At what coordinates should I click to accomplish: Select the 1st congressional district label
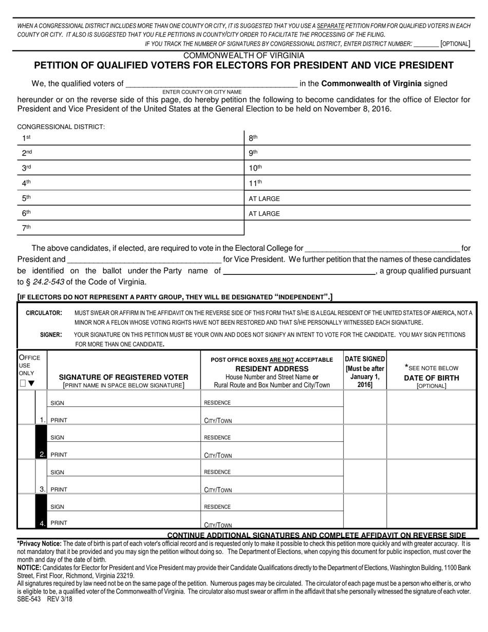click(x=26, y=138)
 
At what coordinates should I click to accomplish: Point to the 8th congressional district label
click(x=253, y=138)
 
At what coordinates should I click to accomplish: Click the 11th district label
click(x=255, y=183)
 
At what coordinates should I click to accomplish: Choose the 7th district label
click(x=26, y=228)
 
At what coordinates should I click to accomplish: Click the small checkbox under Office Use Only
click(x=23, y=383)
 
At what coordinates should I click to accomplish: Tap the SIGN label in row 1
click(x=58, y=403)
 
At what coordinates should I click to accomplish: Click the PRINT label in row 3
click(x=59, y=490)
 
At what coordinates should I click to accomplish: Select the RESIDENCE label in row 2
click(x=217, y=438)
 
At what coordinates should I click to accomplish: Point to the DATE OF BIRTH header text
click(x=431, y=378)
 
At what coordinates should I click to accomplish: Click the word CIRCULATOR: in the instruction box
click(x=44, y=313)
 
